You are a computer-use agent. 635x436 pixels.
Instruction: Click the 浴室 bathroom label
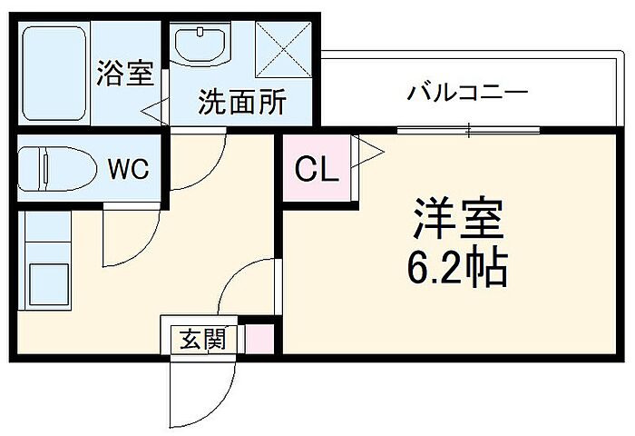(125, 74)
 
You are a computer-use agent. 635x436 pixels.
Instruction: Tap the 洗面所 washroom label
(242, 101)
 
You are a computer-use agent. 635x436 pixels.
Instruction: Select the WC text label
(127, 168)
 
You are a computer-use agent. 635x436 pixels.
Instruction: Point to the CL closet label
(314, 168)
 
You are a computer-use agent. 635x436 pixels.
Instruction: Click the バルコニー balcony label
(467, 94)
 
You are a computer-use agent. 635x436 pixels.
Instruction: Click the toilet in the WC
(54, 169)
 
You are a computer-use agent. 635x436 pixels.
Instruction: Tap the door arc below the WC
(127, 241)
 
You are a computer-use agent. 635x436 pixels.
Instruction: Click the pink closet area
(314, 168)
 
